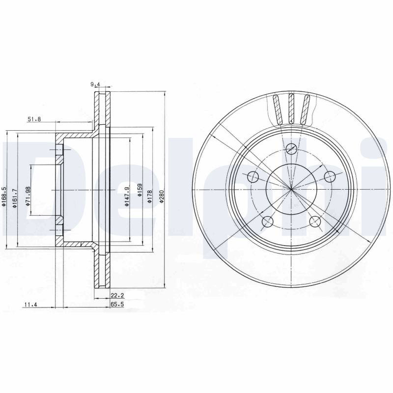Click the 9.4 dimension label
coord(95,84)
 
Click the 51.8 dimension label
coord(34,119)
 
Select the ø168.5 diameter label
coord(3,196)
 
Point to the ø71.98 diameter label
coord(28,196)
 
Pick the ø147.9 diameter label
coord(127,196)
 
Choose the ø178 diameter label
coord(150,196)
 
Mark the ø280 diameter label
coord(162,196)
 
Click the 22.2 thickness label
coord(117,296)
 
